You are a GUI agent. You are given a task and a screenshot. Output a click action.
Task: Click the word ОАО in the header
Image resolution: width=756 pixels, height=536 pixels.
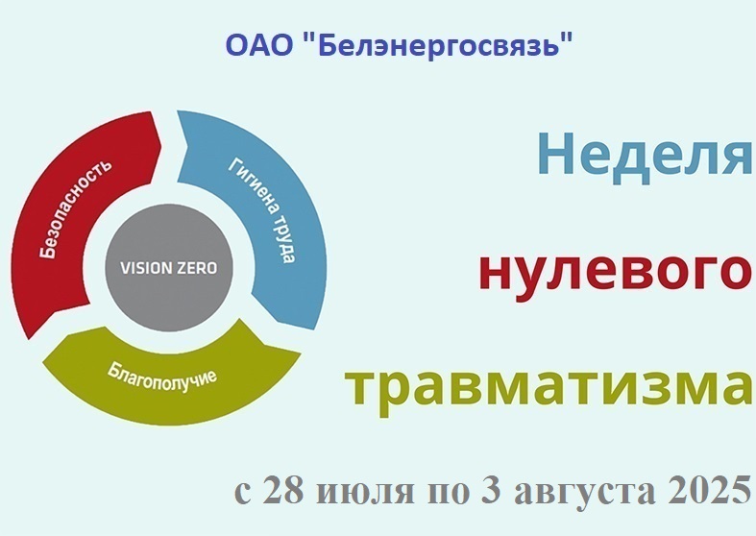click(259, 46)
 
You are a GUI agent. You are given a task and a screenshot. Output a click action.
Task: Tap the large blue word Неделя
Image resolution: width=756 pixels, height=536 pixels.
click(646, 155)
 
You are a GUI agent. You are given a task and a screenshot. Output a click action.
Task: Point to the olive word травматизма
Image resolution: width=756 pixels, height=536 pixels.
click(549, 388)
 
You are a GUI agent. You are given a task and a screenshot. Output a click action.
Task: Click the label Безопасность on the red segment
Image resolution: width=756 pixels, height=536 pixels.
click(76, 207)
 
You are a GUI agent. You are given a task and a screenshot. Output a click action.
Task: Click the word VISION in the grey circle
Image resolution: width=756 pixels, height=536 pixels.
click(142, 268)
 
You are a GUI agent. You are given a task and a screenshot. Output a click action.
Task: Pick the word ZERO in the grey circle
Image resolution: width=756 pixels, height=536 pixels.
click(193, 268)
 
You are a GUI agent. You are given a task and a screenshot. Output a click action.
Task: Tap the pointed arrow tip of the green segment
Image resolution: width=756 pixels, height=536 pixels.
click(44, 362)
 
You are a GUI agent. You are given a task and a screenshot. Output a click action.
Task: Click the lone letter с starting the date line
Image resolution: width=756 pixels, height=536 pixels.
click(243, 493)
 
